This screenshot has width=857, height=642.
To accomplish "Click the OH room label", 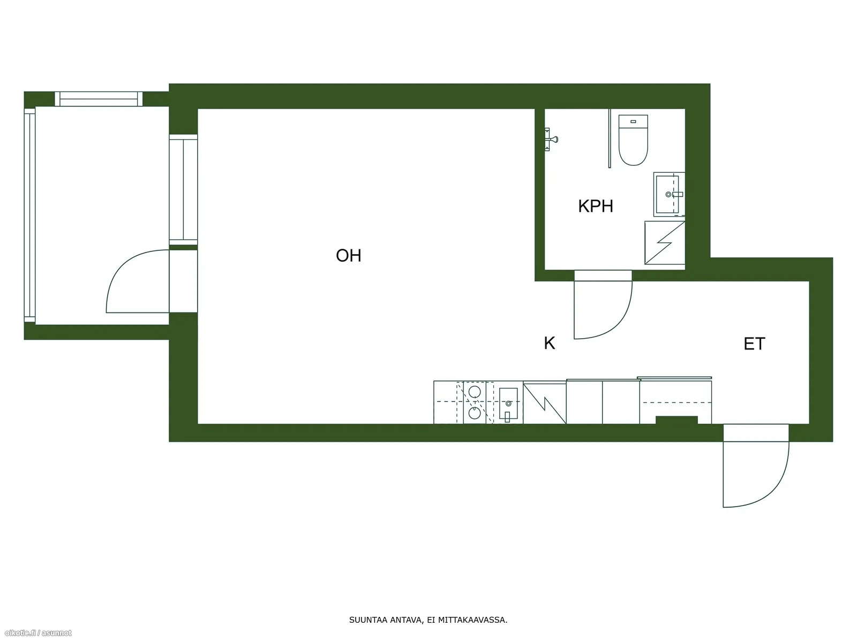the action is click(x=348, y=256).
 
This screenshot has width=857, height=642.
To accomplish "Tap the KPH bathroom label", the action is click(x=595, y=206).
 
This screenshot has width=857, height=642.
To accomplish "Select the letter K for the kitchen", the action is click(x=550, y=343).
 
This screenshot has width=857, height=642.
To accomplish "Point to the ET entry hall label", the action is click(x=754, y=344).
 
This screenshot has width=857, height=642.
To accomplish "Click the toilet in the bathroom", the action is click(x=633, y=140).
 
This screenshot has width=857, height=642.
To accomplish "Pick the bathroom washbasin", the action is click(x=669, y=194).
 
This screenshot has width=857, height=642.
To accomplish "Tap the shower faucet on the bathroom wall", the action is click(x=551, y=139).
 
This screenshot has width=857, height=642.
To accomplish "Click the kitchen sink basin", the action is click(x=508, y=404).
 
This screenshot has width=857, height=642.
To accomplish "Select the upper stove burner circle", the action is click(x=475, y=392).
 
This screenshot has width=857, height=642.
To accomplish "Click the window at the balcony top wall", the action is click(x=99, y=99).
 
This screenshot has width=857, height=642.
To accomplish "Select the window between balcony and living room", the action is click(x=183, y=189).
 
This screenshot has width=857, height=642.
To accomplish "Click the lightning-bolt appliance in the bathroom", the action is click(x=665, y=243).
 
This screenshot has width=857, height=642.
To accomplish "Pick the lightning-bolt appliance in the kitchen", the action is click(x=545, y=403).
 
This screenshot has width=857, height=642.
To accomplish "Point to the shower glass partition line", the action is click(x=609, y=139).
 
